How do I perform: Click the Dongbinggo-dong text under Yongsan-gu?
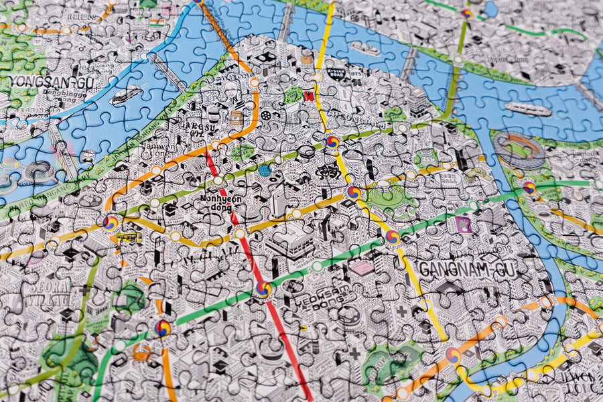[65, 95]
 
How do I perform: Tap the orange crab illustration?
[141, 351]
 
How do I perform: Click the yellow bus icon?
[127, 237]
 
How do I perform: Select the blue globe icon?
[265, 171]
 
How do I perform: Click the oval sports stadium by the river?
[519, 148]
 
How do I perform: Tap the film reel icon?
[268, 115]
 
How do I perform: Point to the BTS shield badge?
[309, 96]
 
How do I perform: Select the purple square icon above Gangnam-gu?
[463, 225]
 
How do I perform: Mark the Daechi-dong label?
[483, 252]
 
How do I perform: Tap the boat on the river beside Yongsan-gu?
[126, 96]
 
